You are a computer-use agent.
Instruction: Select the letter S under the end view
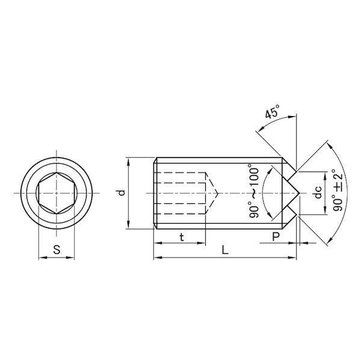tap(57, 249)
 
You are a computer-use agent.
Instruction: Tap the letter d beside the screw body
tap(122, 193)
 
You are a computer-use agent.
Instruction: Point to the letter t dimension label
tap(182, 237)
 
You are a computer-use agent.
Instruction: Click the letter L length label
tap(225, 250)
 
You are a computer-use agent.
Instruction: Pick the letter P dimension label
tap(276, 236)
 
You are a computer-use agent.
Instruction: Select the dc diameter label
tap(318, 193)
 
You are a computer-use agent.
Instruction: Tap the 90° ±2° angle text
tap(338, 190)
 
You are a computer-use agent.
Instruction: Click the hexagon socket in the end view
tap(57, 193)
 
